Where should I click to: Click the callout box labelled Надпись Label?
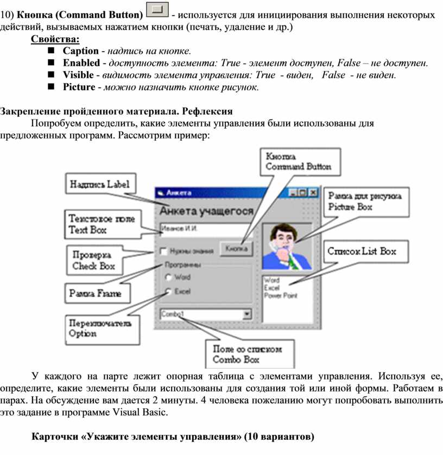click(x=99, y=184)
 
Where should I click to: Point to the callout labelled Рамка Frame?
click(x=95, y=294)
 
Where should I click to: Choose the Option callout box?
click(x=100, y=328)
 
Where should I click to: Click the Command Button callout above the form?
click(x=298, y=161)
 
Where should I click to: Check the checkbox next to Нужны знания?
click(x=163, y=251)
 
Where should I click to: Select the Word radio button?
click(x=168, y=277)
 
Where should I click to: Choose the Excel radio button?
click(x=168, y=292)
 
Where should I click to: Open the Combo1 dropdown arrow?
click(x=247, y=314)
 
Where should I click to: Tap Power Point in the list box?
click(x=280, y=296)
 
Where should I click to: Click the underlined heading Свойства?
click(x=55, y=39)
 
